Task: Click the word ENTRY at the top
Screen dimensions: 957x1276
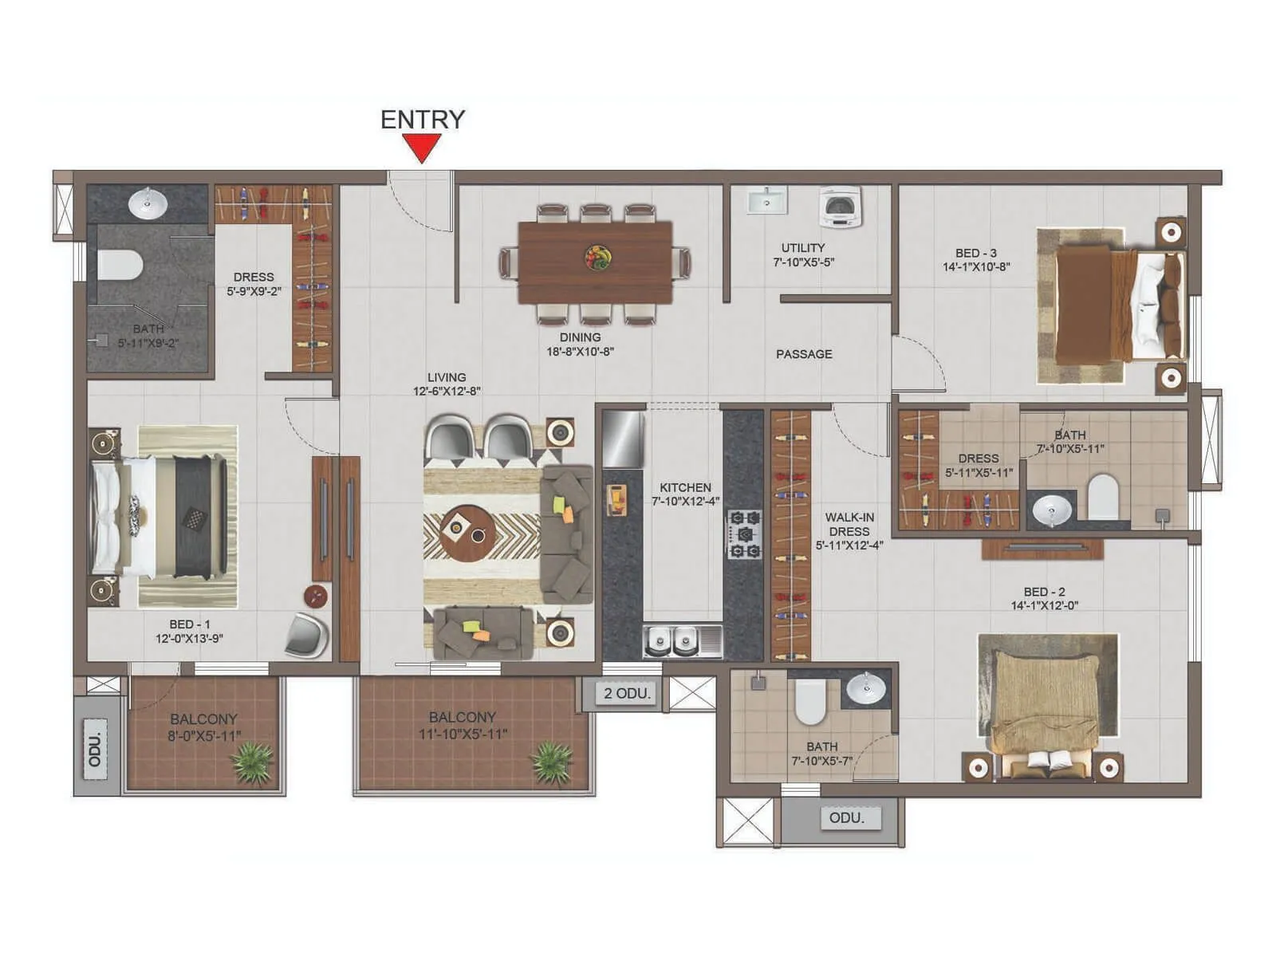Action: [x=422, y=120]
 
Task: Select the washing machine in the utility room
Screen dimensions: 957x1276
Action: [x=841, y=207]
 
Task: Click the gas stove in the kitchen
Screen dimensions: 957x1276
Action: [x=744, y=534]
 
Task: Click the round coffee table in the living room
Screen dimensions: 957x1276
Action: [x=468, y=533]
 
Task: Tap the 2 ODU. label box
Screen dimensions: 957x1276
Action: [x=628, y=693]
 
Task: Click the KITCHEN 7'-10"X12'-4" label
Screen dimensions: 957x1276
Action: [x=685, y=494]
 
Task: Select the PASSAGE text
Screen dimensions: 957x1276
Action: [x=804, y=354]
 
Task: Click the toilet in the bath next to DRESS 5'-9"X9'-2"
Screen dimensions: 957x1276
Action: [x=119, y=265]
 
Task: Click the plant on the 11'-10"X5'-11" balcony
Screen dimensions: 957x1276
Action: [x=552, y=762]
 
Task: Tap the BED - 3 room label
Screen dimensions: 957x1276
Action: [x=976, y=260]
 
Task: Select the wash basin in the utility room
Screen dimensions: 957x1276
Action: [x=766, y=201]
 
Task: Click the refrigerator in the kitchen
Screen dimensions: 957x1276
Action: [x=623, y=439]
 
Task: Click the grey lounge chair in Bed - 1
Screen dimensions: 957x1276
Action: [x=307, y=636]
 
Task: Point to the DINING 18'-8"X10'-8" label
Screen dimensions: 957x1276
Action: [x=580, y=345]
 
